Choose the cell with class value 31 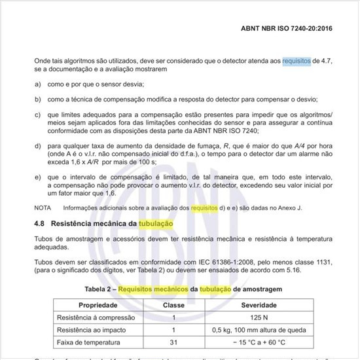174,342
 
